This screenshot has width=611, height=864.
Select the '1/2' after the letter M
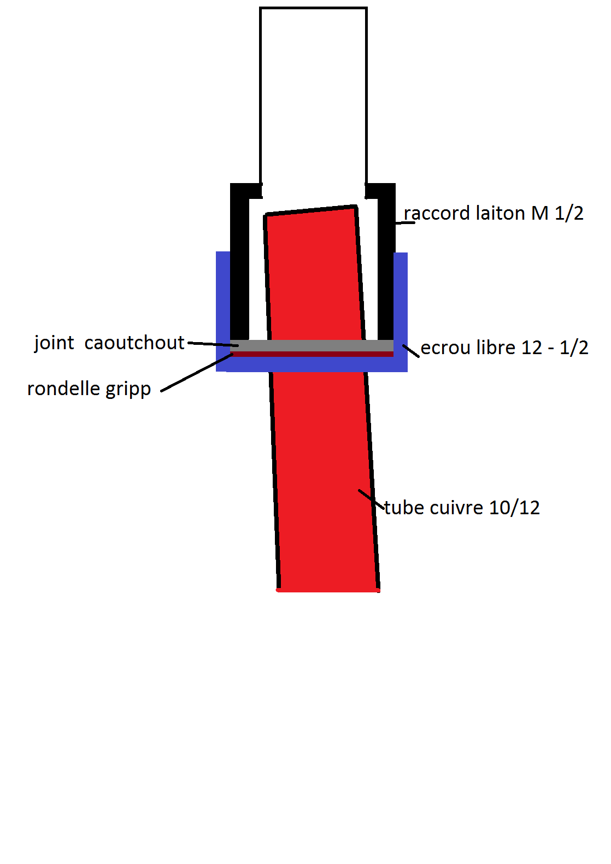569,213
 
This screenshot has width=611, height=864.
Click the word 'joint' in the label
54,343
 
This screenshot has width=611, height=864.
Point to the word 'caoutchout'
134,343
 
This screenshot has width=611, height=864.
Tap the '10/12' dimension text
514,508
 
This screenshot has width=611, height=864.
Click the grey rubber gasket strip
312,345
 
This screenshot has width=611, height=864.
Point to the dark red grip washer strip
312,354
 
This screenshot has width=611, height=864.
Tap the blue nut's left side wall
222,306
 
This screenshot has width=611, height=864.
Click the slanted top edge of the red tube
311,210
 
